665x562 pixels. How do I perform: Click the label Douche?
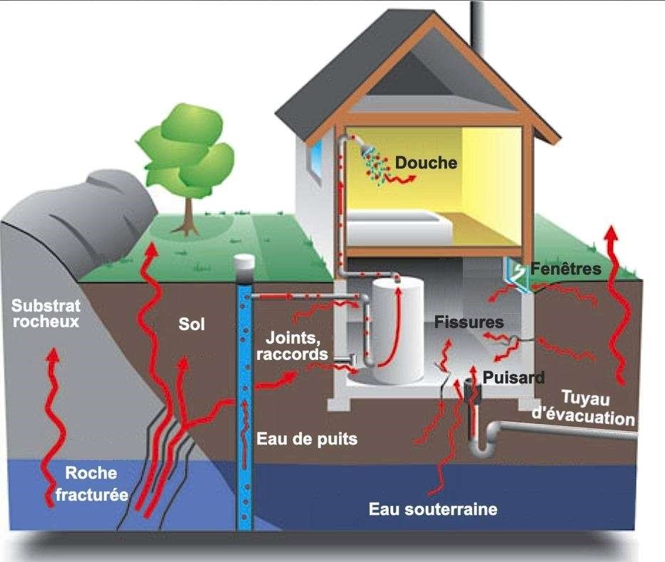tap(426, 163)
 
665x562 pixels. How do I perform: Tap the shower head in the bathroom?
tap(367, 150)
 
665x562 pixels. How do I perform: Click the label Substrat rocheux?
tap(46, 314)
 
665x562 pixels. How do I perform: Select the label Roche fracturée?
tap(91, 484)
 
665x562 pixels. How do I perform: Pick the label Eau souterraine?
tap(432, 509)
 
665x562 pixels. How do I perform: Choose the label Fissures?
tap(468, 322)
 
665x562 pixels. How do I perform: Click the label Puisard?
tap(513, 377)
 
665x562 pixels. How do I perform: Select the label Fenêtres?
tap(565, 270)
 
